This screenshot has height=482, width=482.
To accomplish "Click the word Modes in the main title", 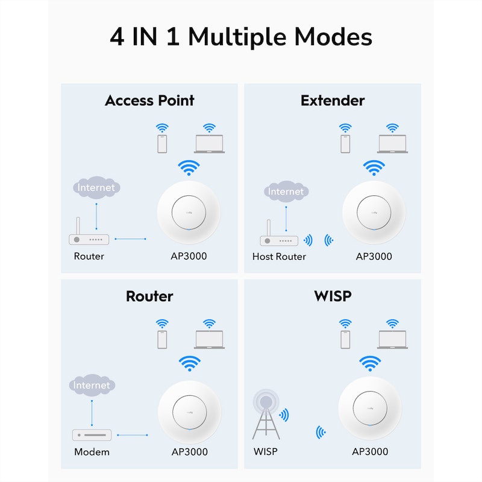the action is (x=333, y=37).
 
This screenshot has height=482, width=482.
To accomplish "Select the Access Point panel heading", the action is (x=149, y=101).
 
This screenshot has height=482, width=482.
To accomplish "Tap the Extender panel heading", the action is (x=333, y=101).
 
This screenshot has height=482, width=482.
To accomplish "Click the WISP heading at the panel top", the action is (x=333, y=296).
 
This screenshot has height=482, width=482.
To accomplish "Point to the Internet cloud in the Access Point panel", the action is (x=96, y=187).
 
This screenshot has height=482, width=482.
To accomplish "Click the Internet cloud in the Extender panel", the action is (x=286, y=192).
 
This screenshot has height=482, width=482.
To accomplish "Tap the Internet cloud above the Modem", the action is (x=92, y=385).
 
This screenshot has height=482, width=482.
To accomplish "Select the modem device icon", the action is (x=92, y=435).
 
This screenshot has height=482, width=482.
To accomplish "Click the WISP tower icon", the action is (x=266, y=414).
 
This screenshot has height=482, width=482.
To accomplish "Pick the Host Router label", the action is (x=279, y=257).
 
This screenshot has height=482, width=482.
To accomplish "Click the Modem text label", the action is (x=92, y=452).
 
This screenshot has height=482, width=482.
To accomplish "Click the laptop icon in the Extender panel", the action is (x=393, y=144).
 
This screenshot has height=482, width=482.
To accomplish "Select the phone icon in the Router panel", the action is (x=162, y=340).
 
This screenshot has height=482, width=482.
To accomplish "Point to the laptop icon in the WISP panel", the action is (x=393, y=340).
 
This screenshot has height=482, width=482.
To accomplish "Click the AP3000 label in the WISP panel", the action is (x=370, y=451).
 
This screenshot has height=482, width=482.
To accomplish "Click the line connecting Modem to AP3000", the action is (x=133, y=435).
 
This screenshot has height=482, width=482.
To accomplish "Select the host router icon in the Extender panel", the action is (x=279, y=233).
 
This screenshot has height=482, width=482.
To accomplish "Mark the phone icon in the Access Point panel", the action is (x=162, y=144).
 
